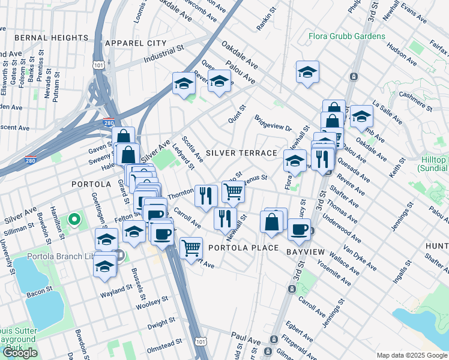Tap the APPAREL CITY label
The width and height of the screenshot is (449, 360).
coord(135,43)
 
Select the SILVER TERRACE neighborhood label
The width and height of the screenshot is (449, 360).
coord(241,154)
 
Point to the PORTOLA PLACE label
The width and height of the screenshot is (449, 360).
coord(243,248)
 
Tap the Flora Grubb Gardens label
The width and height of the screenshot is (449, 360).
coord(347,36)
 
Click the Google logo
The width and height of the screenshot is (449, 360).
coord(20,353)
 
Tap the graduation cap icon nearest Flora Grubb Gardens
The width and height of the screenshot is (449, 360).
coord(307,72)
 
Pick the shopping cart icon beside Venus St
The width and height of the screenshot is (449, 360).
coord(233,192)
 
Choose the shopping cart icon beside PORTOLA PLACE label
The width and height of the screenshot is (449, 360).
coord(191,247)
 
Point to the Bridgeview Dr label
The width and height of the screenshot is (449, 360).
coord(273,124)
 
